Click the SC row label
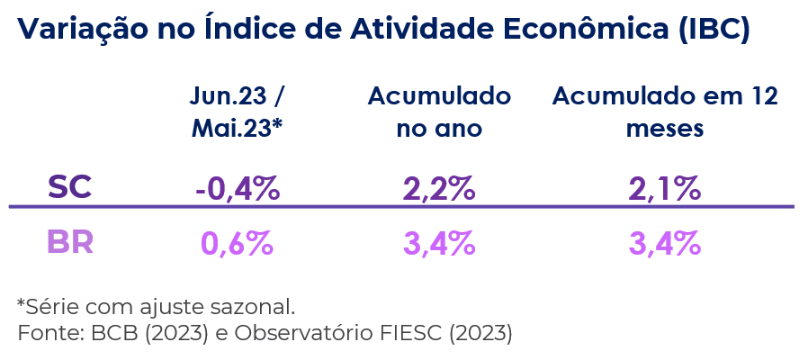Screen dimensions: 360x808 [x=70, y=187]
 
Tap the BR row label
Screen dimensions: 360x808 [x=70, y=243]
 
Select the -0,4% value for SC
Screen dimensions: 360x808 [x=238, y=188]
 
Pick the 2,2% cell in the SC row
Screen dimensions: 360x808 [x=438, y=188]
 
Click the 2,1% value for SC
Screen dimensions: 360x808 [x=665, y=188]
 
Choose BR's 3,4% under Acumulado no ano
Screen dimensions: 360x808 [x=438, y=243]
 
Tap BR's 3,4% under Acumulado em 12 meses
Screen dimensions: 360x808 [x=665, y=243]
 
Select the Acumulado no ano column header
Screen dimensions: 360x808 [x=438, y=112]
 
